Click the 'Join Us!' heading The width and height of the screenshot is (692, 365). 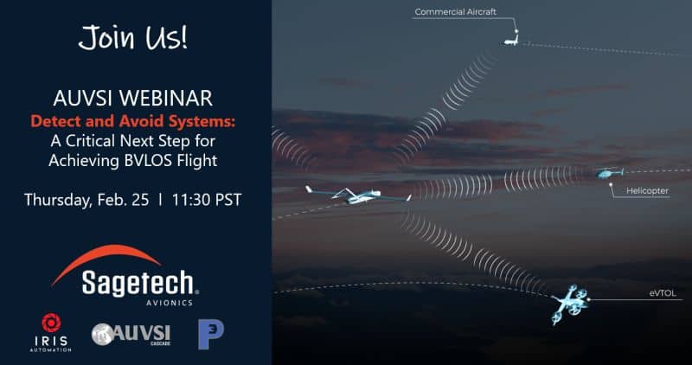point(133,37)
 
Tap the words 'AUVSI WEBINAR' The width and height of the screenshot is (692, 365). point(133,98)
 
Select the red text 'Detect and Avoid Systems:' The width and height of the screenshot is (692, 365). point(133,121)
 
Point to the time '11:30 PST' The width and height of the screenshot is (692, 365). point(207,200)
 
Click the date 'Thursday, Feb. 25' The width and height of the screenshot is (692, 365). point(86,200)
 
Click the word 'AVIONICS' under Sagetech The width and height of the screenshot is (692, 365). point(170,303)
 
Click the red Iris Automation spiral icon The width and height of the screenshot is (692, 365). point(51,323)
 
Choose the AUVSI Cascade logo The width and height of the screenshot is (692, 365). point(131,334)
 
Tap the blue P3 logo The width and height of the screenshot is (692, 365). point(210,334)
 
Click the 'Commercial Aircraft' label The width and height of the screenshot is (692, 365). point(456,12)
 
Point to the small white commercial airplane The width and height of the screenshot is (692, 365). point(511,42)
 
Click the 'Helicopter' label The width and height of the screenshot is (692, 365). point(647,191)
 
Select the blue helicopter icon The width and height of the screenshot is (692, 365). point(611,173)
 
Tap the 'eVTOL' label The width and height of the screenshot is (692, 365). point(663,293)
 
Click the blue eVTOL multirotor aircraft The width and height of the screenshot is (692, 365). point(569,304)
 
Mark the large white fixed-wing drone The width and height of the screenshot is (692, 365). point(358,195)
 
